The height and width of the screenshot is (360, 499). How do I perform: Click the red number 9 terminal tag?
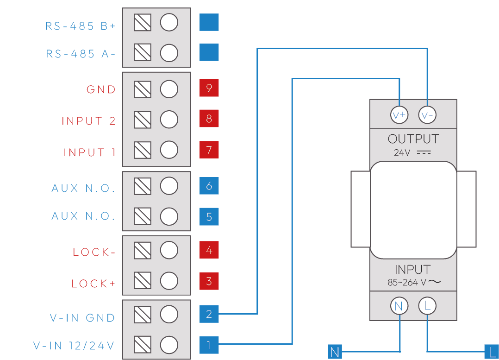pyautogui.click(x=209, y=88)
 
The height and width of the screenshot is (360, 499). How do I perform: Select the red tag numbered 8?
pyautogui.click(x=209, y=119)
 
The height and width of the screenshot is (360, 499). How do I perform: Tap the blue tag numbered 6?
pyautogui.click(x=209, y=186)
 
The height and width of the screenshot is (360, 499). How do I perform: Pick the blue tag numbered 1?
pyautogui.click(x=209, y=345)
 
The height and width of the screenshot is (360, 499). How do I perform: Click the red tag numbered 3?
pyautogui.click(x=209, y=281)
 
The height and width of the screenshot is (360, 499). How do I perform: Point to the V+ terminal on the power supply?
pyautogui.click(x=399, y=115)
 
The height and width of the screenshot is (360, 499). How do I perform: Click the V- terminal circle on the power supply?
pyautogui.click(x=427, y=115)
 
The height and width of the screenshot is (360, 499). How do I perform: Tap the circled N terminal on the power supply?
pyautogui.click(x=399, y=306)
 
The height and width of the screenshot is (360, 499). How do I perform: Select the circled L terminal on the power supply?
pyautogui.click(x=427, y=306)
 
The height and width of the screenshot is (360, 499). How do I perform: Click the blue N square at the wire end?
pyautogui.click(x=335, y=353)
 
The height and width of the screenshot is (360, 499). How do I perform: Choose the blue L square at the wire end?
pyautogui.click(x=491, y=353)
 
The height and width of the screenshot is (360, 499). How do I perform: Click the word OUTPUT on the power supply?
pyautogui.click(x=413, y=139)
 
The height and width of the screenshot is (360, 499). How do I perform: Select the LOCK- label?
pyautogui.click(x=94, y=253)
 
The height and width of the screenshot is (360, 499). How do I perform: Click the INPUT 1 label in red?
pyautogui.click(x=89, y=152)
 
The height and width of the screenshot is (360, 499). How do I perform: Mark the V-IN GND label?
pyautogui.click(x=82, y=318)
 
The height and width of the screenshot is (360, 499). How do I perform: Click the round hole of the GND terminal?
pyautogui.click(x=169, y=89)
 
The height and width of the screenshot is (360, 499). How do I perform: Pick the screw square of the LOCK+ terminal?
pyautogui.click(x=143, y=281)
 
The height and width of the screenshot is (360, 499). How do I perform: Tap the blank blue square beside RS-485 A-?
pyautogui.click(x=209, y=52)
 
